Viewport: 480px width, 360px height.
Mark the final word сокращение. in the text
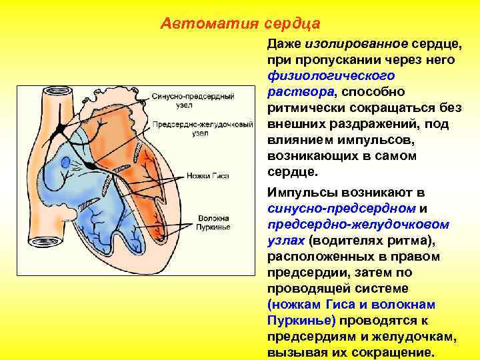pos(399,353)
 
